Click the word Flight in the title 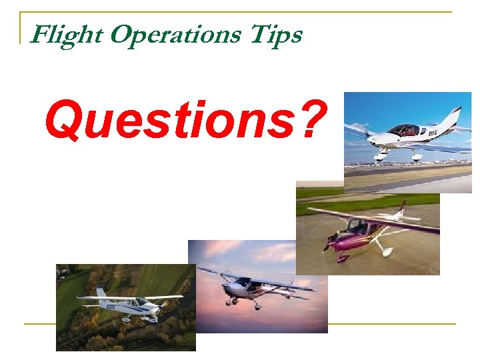pos(66,33)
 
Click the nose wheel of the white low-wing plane pos(381,158)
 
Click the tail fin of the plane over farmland pos(101,293)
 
